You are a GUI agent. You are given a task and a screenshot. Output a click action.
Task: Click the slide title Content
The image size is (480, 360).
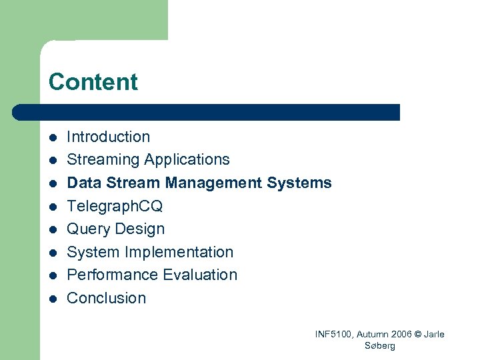93,82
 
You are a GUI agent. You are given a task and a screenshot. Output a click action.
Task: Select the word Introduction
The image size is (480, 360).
109,137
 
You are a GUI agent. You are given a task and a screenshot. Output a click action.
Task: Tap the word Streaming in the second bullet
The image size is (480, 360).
103,160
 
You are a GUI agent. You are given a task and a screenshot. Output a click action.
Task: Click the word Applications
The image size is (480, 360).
187,160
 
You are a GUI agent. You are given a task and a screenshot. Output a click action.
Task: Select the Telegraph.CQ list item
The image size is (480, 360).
115,206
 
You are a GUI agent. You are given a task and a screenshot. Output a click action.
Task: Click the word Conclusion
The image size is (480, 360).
107,298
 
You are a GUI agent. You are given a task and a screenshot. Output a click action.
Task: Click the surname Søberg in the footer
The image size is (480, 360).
380,345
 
